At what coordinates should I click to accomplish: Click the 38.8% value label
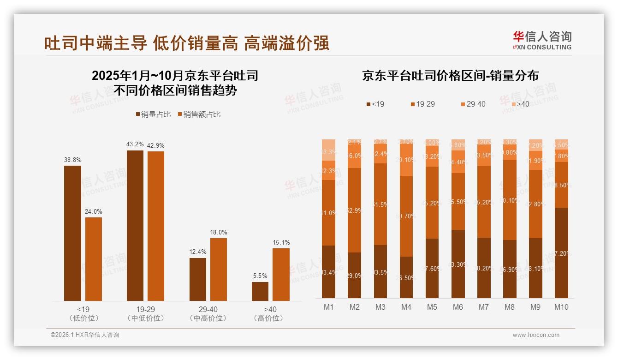click(x=72, y=160)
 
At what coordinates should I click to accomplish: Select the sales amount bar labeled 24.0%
click(x=93, y=258)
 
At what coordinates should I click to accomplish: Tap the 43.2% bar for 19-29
click(x=135, y=225)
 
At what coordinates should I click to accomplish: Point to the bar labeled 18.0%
click(x=218, y=269)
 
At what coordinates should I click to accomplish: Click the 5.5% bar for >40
click(x=260, y=291)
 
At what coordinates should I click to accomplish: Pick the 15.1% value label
click(x=281, y=243)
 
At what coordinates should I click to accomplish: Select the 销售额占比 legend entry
click(x=199, y=114)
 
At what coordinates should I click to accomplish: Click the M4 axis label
click(x=406, y=307)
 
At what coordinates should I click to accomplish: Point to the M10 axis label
click(x=561, y=307)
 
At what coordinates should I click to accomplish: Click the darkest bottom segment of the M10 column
click(x=561, y=252)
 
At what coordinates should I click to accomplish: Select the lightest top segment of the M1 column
click(x=328, y=150)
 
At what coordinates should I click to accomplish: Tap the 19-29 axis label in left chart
click(x=145, y=309)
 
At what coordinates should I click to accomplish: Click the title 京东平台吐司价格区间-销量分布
click(x=450, y=76)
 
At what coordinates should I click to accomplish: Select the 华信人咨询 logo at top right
click(x=542, y=40)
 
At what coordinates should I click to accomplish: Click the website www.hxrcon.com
click(x=536, y=335)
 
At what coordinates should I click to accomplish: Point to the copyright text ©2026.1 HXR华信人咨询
click(x=85, y=335)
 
